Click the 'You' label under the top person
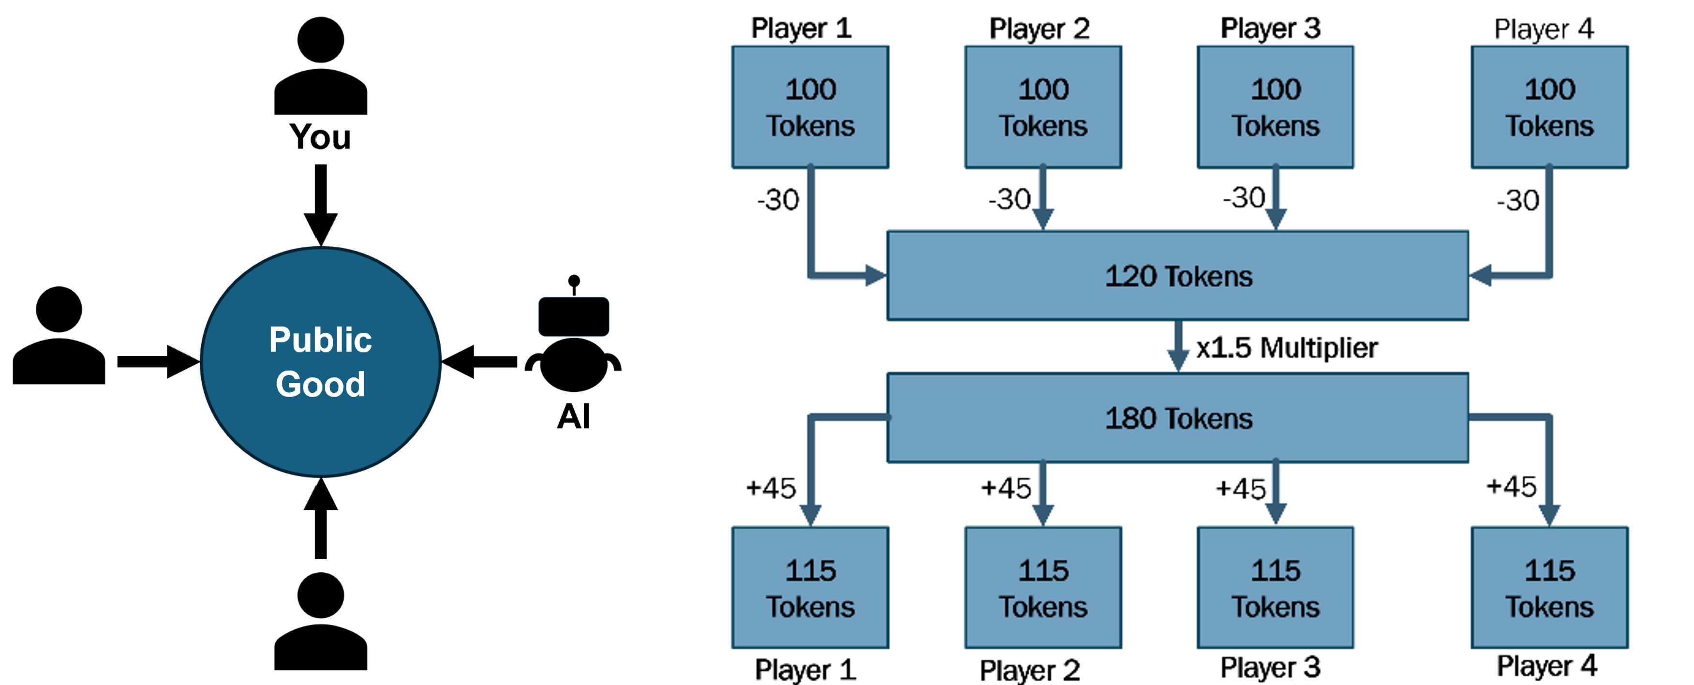(x=320, y=137)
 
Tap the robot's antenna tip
(x=573, y=281)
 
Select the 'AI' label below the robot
(x=573, y=416)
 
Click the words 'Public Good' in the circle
(x=320, y=361)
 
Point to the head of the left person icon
(x=59, y=309)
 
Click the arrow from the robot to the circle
(x=480, y=361)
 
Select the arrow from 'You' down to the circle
(x=320, y=204)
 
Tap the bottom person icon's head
(x=320, y=595)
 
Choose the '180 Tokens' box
(x=1177, y=418)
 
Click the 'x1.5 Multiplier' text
(x=1286, y=348)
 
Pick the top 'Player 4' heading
(x=1544, y=29)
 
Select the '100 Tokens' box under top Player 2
(x=1043, y=107)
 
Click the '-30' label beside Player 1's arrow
(x=778, y=200)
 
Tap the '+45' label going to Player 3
(x=1240, y=489)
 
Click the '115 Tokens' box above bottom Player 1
(x=810, y=588)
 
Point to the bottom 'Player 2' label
(x=1029, y=670)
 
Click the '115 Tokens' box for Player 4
(x=1549, y=588)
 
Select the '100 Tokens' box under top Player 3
(x=1275, y=107)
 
